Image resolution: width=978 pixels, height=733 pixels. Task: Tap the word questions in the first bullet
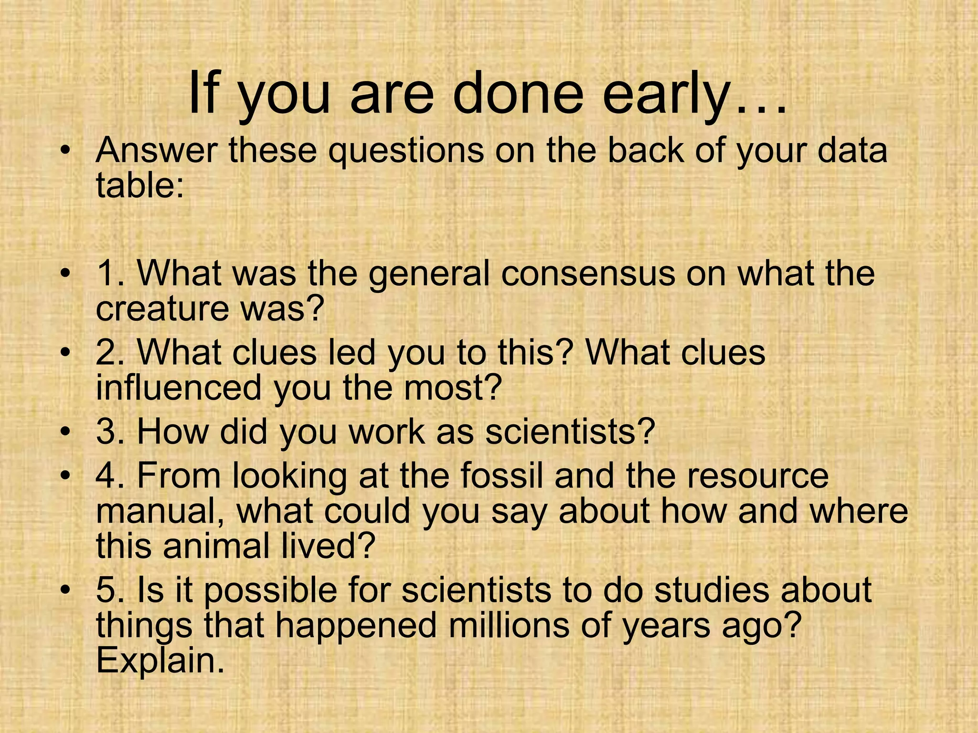406,151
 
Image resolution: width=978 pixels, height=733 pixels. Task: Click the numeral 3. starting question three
111,431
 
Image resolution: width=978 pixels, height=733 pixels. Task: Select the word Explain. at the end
160,660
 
